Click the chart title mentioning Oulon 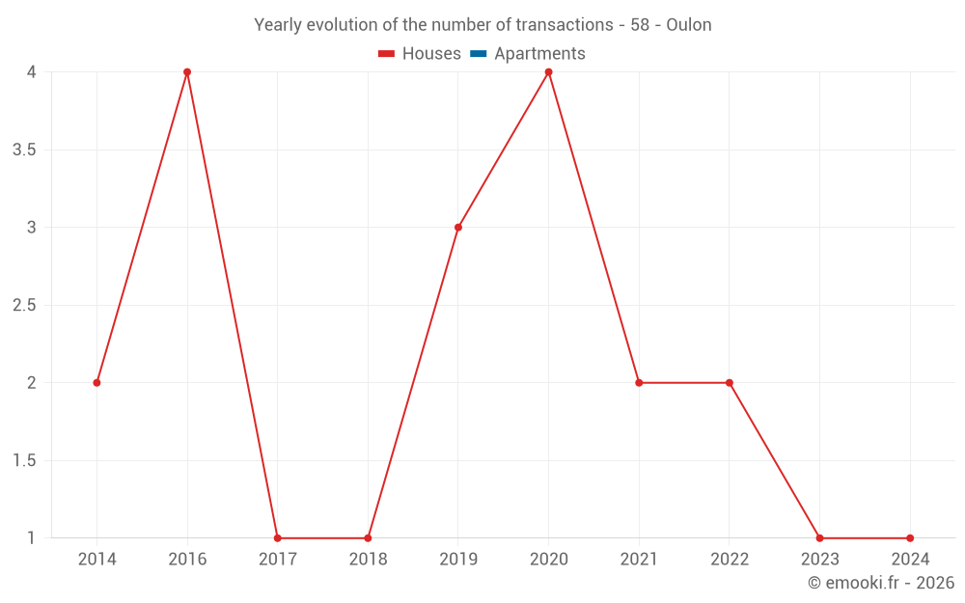click(482, 25)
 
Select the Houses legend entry click(420, 54)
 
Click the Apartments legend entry click(528, 54)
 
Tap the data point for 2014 click(96, 383)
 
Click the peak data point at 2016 click(187, 72)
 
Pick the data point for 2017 click(278, 538)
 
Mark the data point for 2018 click(368, 538)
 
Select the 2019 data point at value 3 click(458, 228)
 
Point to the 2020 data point click(549, 72)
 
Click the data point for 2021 click(639, 383)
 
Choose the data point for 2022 click(730, 383)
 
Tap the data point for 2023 click(819, 538)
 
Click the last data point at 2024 click(910, 538)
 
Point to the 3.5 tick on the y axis click(24, 150)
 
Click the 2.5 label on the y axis click(24, 305)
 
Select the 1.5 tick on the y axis click(24, 460)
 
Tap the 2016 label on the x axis click(187, 559)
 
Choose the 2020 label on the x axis click(549, 559)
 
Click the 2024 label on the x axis click(910, 559)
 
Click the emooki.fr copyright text click(880, 583)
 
